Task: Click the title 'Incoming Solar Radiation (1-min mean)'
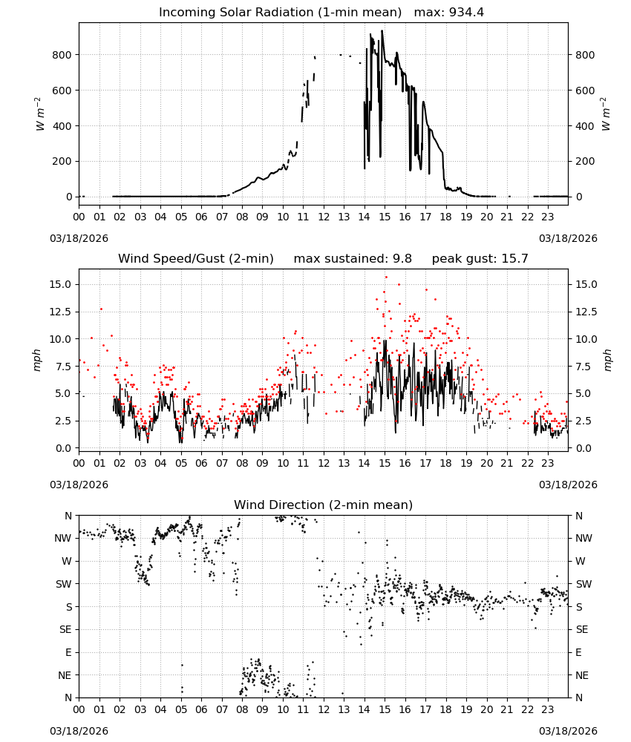280,13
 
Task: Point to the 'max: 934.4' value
449,13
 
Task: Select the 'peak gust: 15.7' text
480,259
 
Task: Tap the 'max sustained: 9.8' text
353,259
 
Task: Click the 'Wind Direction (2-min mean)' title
324,505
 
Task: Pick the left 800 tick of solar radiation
62,55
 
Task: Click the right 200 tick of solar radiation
585,161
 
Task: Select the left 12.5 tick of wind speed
61,312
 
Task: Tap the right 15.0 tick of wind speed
586,284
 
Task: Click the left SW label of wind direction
64,584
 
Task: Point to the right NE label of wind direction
582,675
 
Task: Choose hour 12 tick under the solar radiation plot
324,217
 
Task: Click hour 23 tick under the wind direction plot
548,710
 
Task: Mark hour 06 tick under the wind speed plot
201,463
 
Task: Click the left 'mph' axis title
37,360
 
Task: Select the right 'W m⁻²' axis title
607,114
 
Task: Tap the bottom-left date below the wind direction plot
79,731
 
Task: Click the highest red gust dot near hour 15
386,278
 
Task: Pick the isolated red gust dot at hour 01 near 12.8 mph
101,309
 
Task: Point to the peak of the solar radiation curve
382,31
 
